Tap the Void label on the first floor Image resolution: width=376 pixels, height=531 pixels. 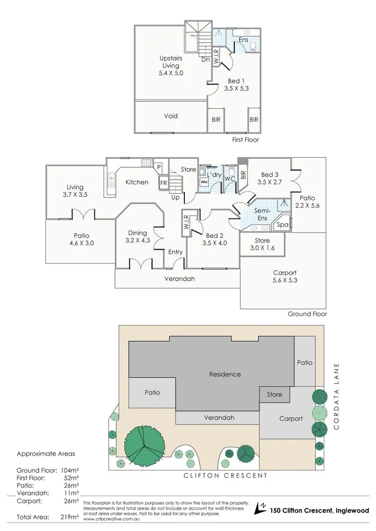pyautogui.click(x=171, y=116)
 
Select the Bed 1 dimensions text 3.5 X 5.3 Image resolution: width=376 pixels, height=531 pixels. pyautogui.click(x=236, y=89)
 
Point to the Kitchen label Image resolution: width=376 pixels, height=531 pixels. pyautogui.click(x=137, y=182)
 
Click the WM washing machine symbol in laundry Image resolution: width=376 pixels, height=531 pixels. pyautogui.click(x=203, y=182)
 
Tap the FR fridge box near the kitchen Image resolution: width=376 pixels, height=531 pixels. pyautogui.click(x=164, y=183)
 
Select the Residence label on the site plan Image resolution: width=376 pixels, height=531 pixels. pyautogui.click(x=225, y=374)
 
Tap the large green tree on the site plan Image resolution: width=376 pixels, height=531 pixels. pyautogui.click(x=146, y=446)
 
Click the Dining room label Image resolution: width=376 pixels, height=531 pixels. pyautogui.click(x=137, y=233)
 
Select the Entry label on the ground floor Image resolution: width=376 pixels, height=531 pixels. pyautogui.click(x=175, y=252)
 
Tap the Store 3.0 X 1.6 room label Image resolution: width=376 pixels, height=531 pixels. pyautogui.click(x=262, y=244)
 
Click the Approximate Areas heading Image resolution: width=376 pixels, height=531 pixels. pyautogui.click(x=46, y=454)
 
